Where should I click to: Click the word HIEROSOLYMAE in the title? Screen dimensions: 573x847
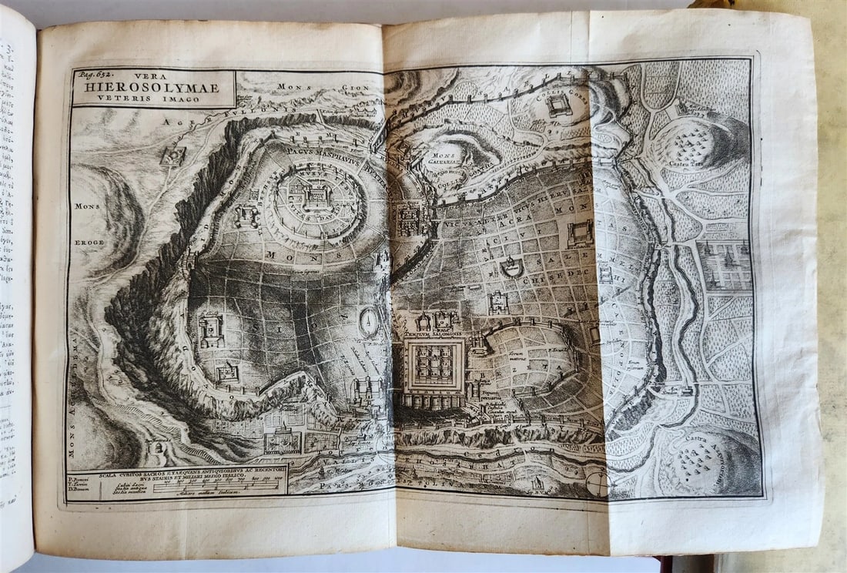tap(154, 88)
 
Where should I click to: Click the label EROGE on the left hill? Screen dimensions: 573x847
tap(88, 242)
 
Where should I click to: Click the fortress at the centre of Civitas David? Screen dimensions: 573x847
tap(318, 198)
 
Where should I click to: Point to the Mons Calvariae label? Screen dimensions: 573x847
tap(446, 159)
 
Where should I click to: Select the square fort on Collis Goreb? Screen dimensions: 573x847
tap(559, 105)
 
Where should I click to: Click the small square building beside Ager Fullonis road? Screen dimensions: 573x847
tap(172, 156)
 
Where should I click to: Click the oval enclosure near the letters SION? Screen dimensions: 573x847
tap(370, 321)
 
